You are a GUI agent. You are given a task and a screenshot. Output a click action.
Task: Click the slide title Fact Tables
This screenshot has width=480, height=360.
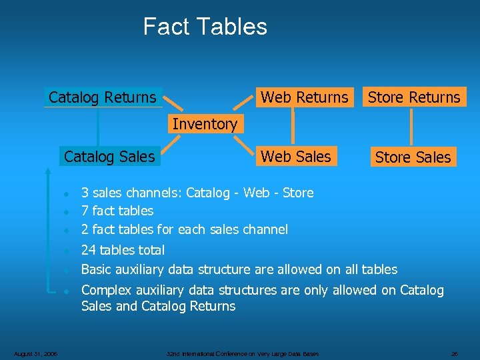205,27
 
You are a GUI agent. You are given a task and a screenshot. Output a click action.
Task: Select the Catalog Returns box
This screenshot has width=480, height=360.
103,97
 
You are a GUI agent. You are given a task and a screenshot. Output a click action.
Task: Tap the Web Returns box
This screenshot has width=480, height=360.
304,97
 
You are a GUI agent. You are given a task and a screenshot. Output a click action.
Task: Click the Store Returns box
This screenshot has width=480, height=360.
414,97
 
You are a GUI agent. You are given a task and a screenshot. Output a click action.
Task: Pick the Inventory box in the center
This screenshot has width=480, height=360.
205,124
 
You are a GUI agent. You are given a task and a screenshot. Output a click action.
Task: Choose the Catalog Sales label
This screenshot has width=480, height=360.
109,157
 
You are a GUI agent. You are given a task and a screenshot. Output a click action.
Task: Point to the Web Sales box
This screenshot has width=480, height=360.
295,157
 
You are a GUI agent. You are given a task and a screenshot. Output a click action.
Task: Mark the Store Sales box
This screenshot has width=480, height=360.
413,157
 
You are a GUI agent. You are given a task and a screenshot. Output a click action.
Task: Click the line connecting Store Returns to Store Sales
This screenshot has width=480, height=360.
411,127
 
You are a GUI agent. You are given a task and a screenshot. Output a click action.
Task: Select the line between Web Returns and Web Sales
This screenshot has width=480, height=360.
293,127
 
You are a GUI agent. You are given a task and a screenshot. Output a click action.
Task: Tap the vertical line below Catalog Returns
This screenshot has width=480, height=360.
98,127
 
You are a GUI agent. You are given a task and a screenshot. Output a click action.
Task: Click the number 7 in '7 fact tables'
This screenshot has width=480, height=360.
85,211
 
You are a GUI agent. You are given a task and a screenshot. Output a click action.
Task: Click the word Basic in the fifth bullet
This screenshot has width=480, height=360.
96,269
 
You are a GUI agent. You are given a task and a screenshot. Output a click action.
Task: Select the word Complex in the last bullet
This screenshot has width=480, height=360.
105,290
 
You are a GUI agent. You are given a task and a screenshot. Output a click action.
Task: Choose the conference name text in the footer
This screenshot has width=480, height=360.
243,353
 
